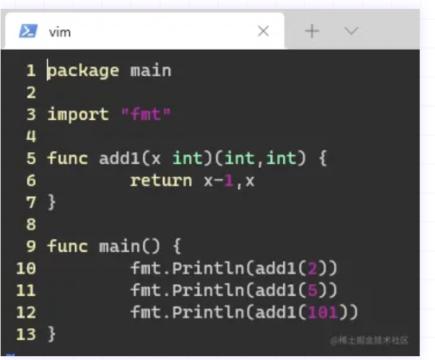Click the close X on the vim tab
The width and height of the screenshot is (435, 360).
tap(263, 31)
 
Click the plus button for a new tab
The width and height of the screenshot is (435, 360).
tap(311, 31)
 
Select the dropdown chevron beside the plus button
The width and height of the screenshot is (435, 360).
tap(351, 31)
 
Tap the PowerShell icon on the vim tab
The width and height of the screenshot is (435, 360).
tap(28, 31)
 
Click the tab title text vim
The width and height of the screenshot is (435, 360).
tap(60, 32)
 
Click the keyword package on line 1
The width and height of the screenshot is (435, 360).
tap(83, 70)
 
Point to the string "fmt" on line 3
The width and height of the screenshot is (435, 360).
tap(146, 115)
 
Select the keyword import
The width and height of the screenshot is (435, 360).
tap(78, 115)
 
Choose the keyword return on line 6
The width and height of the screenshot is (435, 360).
tap(161, 180)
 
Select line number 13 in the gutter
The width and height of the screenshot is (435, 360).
tap(25, 334)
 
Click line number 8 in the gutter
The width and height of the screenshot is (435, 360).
tap(31, 224)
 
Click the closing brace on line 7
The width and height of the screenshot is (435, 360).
tap(52, 203)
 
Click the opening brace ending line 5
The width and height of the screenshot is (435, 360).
tap(322, 158)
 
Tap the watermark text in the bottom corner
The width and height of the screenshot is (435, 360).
tap(369, 341)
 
